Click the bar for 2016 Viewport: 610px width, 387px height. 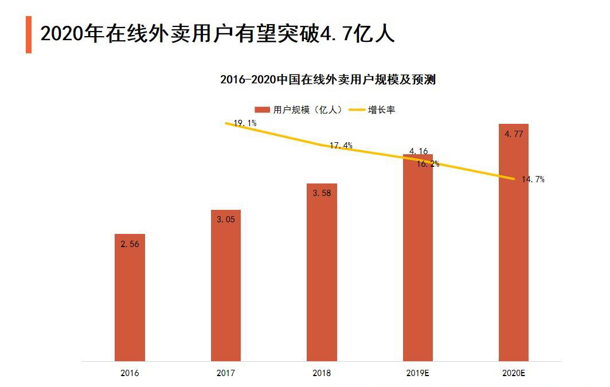tap(130, 298)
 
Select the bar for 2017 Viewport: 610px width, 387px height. tap(226, 287)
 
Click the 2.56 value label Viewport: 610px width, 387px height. tap(130, 244)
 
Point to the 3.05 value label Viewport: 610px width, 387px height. tap(226, 219)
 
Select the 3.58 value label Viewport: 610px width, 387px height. tap(322, 193)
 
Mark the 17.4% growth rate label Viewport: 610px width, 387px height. tap(341, 146)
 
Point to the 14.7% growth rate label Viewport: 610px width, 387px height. tap(533, 179)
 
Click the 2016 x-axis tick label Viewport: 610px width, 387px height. tap(130, 373)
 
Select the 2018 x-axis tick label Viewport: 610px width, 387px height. tap(322, 373)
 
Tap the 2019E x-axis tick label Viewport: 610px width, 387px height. tap(418, 373)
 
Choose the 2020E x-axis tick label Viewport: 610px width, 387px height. tap(514, 373)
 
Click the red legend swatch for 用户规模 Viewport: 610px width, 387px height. tap(263, 110)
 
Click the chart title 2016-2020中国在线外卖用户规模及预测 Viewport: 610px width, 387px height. tap(328, 80)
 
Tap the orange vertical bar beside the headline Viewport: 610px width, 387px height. tap(29, 34)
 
